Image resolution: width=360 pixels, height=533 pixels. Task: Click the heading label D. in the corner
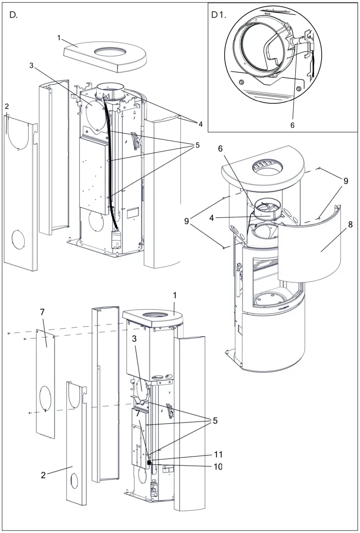14,16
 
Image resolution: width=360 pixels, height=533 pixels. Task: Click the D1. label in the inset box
219,16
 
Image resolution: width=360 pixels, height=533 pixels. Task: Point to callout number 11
218,454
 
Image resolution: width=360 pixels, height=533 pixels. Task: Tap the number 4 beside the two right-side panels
200,124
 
